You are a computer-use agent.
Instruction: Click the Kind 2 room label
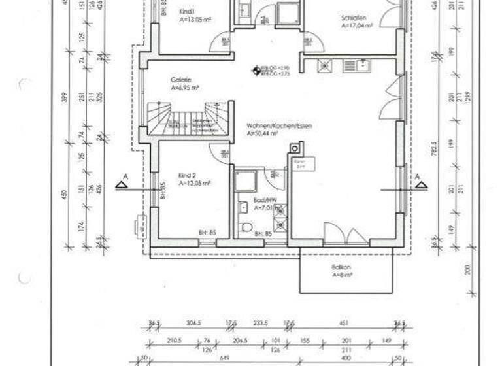click(188, 176)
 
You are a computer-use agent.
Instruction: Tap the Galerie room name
click(181, 79)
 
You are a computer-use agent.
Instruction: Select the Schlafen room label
click(352, 18)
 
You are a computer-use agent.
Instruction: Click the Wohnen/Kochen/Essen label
click(275, 125)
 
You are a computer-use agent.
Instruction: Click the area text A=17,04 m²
click(357, 27)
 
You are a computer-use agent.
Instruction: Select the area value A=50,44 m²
click(263, 133)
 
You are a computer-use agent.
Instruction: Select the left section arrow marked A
click(122, 184)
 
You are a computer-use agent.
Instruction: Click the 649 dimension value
click(224, 358)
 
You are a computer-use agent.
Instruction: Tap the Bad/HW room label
click(263, 201)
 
